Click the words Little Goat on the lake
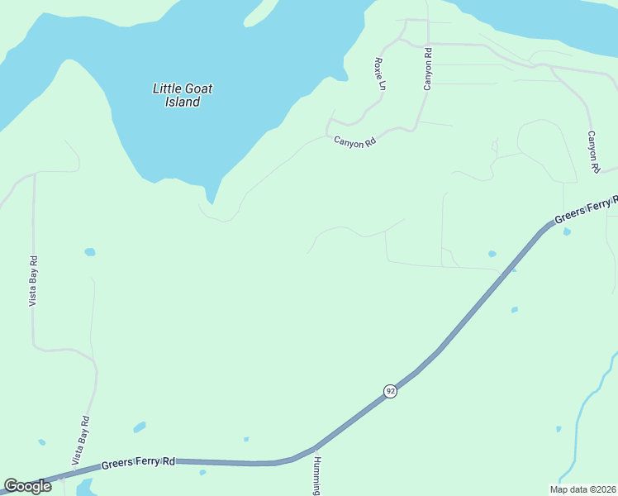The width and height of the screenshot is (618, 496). (178, 88)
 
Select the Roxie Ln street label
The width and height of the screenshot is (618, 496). (380, 74)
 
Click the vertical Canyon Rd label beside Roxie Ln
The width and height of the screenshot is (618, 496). (428, 69)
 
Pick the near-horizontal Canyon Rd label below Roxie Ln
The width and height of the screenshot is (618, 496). (355, 141)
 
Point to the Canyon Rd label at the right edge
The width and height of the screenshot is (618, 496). (592, 151)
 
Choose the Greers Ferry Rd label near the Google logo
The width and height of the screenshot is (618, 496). (139, 463)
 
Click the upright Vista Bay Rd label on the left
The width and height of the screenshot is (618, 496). (33, 281)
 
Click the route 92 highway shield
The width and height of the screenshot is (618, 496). (390, 390)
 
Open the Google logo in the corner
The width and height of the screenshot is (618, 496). (27, 486)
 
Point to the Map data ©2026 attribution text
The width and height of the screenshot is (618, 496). (582, 489)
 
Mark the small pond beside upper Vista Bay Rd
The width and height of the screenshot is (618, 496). (89, 251)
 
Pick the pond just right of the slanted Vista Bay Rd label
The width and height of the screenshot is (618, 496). (140, 427)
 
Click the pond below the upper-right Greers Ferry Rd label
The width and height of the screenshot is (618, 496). (567, 232)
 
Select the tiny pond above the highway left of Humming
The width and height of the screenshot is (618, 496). (246, 439)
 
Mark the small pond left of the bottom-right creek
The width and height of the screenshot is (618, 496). (559, 428)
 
